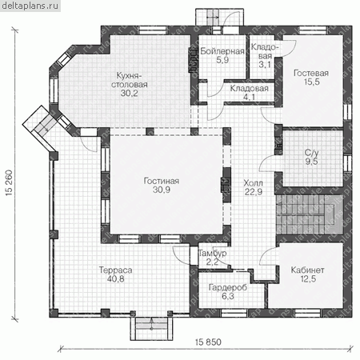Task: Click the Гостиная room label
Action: (162, 181)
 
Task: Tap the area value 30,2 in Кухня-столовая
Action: (130, 93)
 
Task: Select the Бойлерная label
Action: (222, 51)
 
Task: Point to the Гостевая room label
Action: (311, 73)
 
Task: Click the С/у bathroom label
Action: (311, 153)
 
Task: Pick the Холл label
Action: (253, 183)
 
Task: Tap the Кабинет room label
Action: (307, 270)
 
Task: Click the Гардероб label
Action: (228, 287)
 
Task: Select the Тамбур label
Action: (213, 253)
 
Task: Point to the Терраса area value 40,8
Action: (115, 279)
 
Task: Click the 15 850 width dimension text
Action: (208, 342)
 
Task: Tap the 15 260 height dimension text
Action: (9, 183)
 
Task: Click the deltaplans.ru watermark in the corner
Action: (30, 6)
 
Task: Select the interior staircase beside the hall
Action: (310, 214)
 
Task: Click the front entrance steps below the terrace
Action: (151, 329)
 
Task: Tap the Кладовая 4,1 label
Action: (249, 93)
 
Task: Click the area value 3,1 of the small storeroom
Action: (265, 64)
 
